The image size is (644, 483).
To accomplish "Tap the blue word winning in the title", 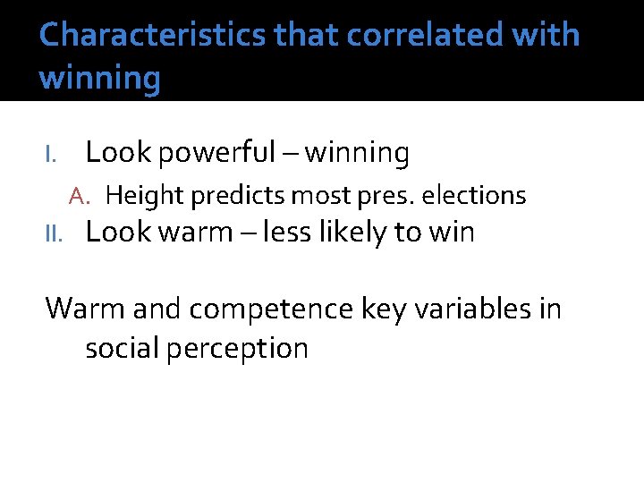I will [x=100, y=78].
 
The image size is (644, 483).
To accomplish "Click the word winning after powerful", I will [x=357, y=154].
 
